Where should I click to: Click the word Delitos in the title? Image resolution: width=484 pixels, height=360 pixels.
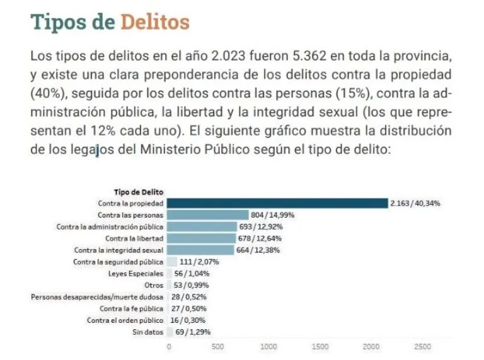click(x=154, y=21)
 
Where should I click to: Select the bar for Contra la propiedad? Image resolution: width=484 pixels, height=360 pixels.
click(x=278, y=203)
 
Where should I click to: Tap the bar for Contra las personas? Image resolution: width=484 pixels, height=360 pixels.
click(x=209, y=215)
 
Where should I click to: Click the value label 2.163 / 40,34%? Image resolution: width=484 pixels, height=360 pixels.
click(x=415, y=203)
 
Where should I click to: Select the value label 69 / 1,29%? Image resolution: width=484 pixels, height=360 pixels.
click(x=192, y=332)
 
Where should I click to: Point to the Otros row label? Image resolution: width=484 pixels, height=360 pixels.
click(x=154, y=285)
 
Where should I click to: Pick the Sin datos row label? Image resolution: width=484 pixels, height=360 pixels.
click(x=147, y=332)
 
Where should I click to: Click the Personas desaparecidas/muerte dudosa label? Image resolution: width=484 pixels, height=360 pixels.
click(x=97, y=297)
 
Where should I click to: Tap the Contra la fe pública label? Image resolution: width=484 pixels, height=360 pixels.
click(x=132, y=308)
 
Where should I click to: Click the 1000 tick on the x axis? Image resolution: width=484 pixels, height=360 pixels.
click(x=269, y=347)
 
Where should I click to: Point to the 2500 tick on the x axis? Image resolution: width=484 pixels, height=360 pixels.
click(x=422, y=347)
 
